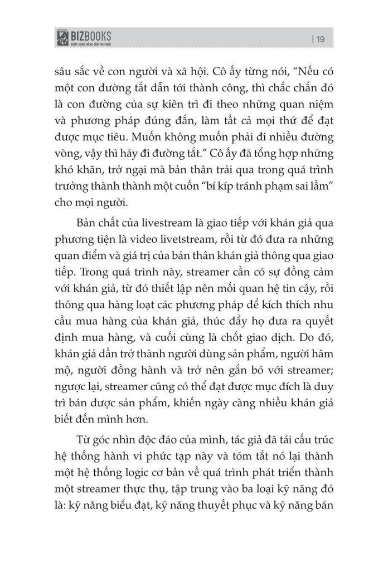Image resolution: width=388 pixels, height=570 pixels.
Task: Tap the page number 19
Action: (320, 38)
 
